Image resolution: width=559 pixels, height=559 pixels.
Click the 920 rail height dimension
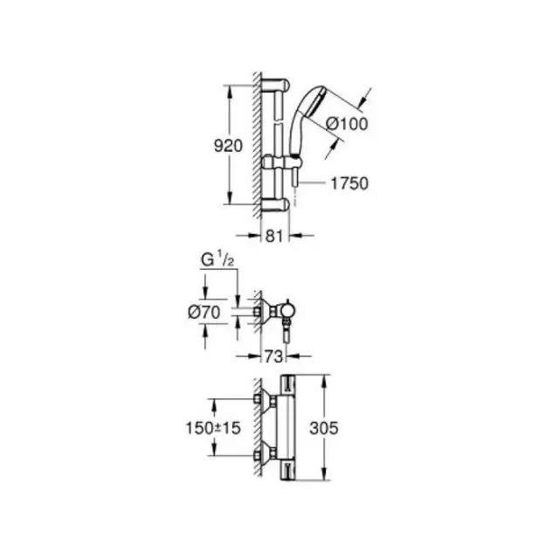click(228, 146)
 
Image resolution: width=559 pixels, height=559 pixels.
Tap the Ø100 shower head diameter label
click(347, 124)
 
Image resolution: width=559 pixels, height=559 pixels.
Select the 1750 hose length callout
click(349, 183)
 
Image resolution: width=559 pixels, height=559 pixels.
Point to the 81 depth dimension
click(274, 236)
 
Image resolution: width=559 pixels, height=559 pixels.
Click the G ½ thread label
click(217, 260)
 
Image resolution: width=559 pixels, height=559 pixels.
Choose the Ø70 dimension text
click(204, 313)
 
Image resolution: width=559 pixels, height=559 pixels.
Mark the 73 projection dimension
click(273, 356)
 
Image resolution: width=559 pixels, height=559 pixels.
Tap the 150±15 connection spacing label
click(213, 428)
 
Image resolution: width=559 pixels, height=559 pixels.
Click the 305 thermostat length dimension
click(324, 428)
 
